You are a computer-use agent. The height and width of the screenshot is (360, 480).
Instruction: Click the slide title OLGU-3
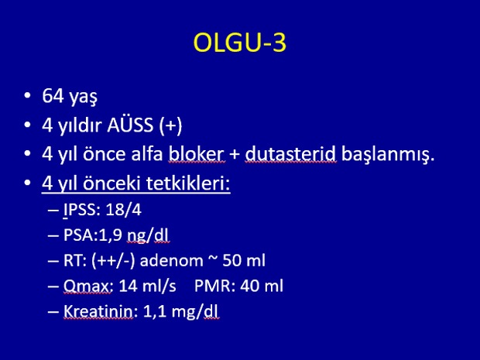tap(240, 43)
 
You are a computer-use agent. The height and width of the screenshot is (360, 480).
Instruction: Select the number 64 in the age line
tap(53, 95)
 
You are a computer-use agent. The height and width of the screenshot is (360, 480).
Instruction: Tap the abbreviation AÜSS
tap(130, 125)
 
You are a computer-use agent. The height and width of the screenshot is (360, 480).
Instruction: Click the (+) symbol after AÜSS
tap(170, 125)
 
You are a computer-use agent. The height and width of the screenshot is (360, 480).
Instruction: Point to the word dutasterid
tap(290, 153)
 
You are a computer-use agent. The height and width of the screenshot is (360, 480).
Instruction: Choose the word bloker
tap(197, 153)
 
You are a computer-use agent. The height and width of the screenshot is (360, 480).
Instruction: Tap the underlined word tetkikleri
tap(187, 183)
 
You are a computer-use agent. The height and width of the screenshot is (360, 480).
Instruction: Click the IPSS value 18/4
tap(123, 210)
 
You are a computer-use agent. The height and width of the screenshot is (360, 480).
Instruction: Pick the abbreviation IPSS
tap(80, 210)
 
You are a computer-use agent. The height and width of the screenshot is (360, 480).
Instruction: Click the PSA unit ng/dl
tap(148, 236)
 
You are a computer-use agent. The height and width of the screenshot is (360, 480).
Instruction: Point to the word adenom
tap(171, 261)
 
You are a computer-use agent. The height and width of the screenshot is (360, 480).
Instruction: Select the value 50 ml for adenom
tap(244, 260)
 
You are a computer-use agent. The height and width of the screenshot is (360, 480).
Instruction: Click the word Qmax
tap(87, 286)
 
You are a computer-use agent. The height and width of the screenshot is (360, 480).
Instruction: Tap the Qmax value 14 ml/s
tap(147, 286)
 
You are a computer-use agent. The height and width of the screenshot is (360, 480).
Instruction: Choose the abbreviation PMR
tap(212, 286)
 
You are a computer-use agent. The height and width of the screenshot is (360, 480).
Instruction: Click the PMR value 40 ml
tap(262, 286)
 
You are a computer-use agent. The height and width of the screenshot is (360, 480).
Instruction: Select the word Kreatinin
tap(98, 311)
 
